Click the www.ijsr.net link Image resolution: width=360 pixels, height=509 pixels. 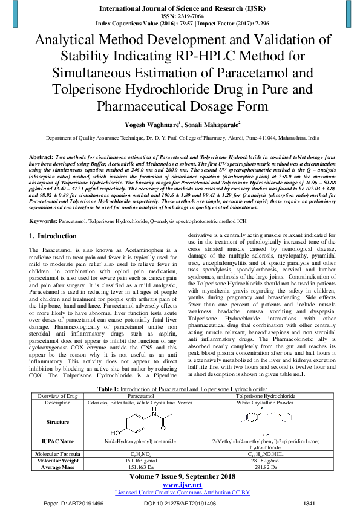pyautogui.click(x=180, y=485)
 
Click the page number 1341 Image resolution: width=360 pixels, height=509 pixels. pyautogui.click(x=309, y=503)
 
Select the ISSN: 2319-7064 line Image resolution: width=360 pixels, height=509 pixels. pyautogui.click(x=180, y=16)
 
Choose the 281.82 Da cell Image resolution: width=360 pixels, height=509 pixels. pyautogui.click(x=266, y=467)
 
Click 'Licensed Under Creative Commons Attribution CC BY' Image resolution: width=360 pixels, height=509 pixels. pyautogui.click(x=180, y=493)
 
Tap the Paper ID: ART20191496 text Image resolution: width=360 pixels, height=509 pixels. pyautogui.click(x=78, y=503)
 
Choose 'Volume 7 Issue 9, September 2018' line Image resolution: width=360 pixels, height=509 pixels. pyautogui.click(x=180, y=476)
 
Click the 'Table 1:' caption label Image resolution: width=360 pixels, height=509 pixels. pyautogui.click(x=110, y=388)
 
